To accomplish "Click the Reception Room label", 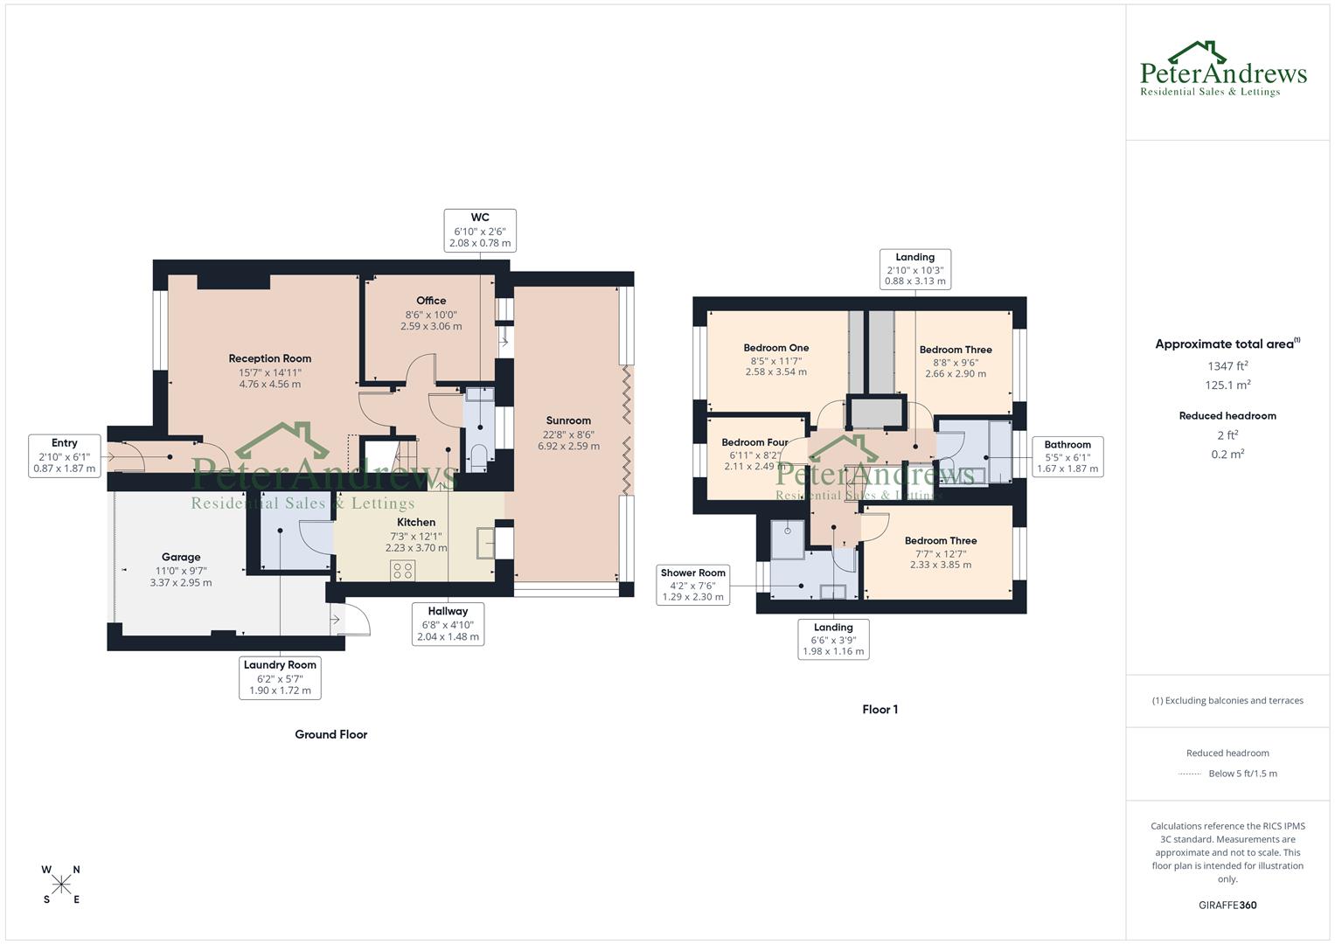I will (269, 358).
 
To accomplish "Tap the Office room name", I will (431, 301).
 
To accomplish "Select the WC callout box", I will (480, 231).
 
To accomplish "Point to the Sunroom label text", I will (568, 420).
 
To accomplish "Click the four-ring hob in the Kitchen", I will (403, 570).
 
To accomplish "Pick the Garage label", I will (181, 557).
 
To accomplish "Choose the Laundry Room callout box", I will (280, 677).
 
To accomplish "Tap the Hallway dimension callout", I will (448, 624).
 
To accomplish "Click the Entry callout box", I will (65, 455).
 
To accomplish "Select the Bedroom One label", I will (775, 348).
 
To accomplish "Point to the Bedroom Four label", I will (754, 442).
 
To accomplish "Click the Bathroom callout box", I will (1067, 456).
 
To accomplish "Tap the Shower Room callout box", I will (693, 585).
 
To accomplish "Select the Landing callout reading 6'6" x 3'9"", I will (833, 639).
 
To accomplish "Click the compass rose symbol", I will (61, 885).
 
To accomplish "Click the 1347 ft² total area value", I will (1227, 366).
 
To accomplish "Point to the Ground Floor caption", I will (330, 734).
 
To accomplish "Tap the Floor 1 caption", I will (880, 710).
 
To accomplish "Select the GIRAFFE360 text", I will (1227, 905).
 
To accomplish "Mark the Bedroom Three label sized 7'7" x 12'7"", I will (941, 541).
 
